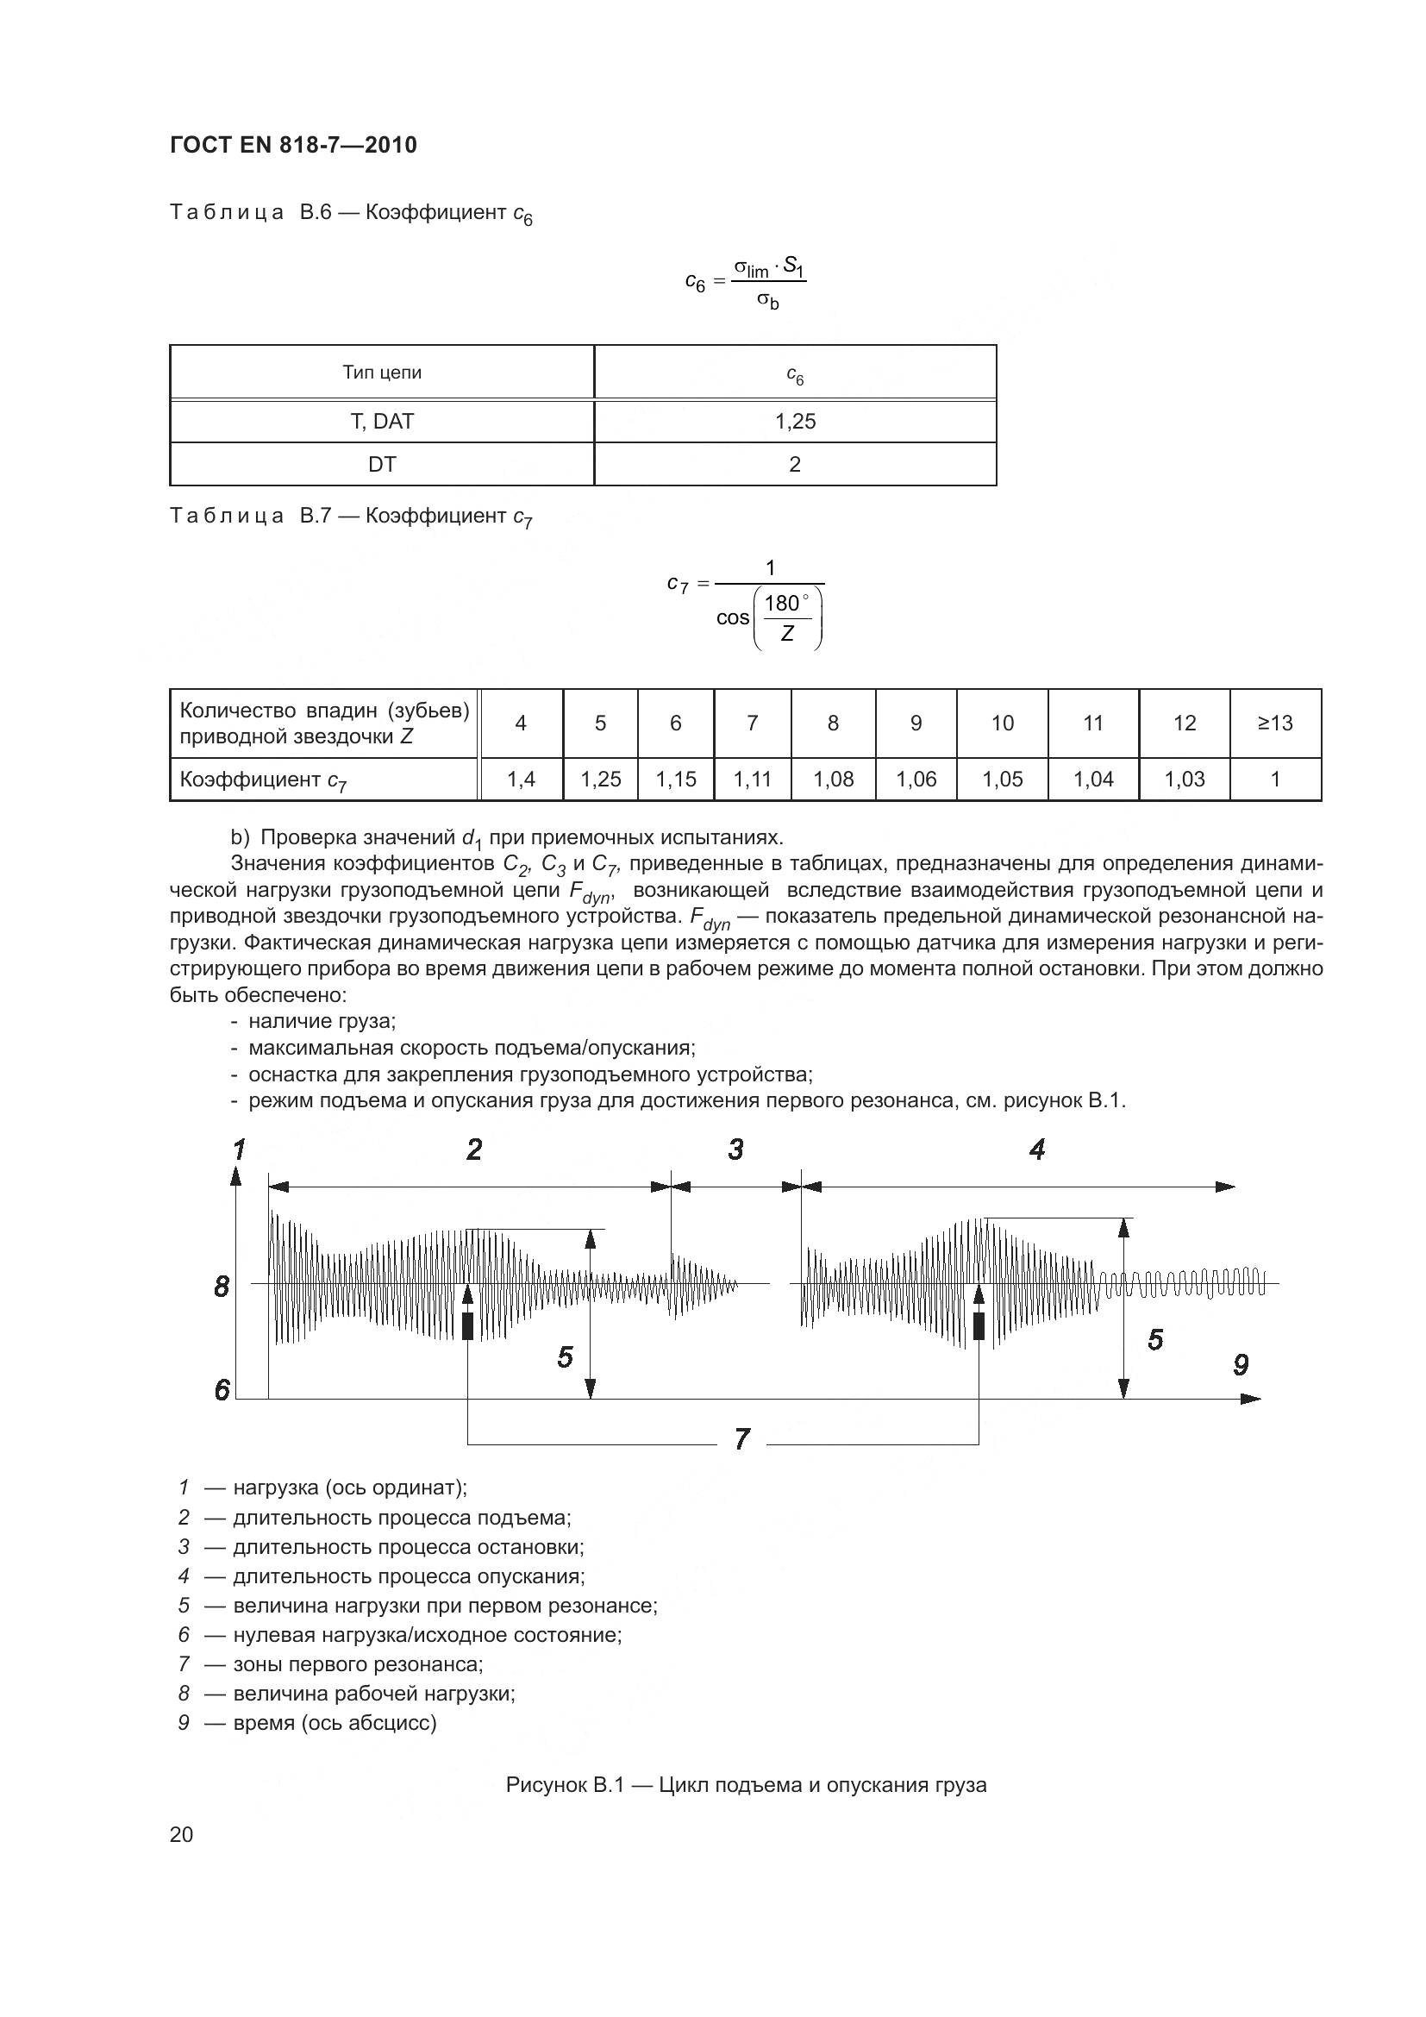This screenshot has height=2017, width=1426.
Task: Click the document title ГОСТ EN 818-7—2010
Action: click(293, 145)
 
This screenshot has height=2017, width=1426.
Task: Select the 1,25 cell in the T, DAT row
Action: click(795, 422)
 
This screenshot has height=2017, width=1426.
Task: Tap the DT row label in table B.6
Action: click(382, 465)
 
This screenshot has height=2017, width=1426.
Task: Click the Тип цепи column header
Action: click(382, 373)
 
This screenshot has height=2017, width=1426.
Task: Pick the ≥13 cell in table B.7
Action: click(1275, 723)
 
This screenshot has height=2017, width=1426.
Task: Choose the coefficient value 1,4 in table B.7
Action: click(521, 780)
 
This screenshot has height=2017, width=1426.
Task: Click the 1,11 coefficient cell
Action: click(753, 780)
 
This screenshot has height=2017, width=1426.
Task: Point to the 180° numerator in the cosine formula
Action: click(781, 603)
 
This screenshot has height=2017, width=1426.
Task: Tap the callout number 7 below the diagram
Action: click(742, 1439)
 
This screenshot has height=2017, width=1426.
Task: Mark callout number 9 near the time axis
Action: click(1241, 1364)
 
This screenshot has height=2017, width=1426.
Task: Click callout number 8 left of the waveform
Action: click(222, 1287)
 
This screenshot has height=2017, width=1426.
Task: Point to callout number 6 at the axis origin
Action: click(222, 1390)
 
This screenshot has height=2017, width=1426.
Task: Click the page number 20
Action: click(182, 1834)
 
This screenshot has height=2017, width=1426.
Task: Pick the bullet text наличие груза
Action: click(322, 1021)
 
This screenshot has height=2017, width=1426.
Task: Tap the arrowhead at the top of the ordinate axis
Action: click(235, 1175)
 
